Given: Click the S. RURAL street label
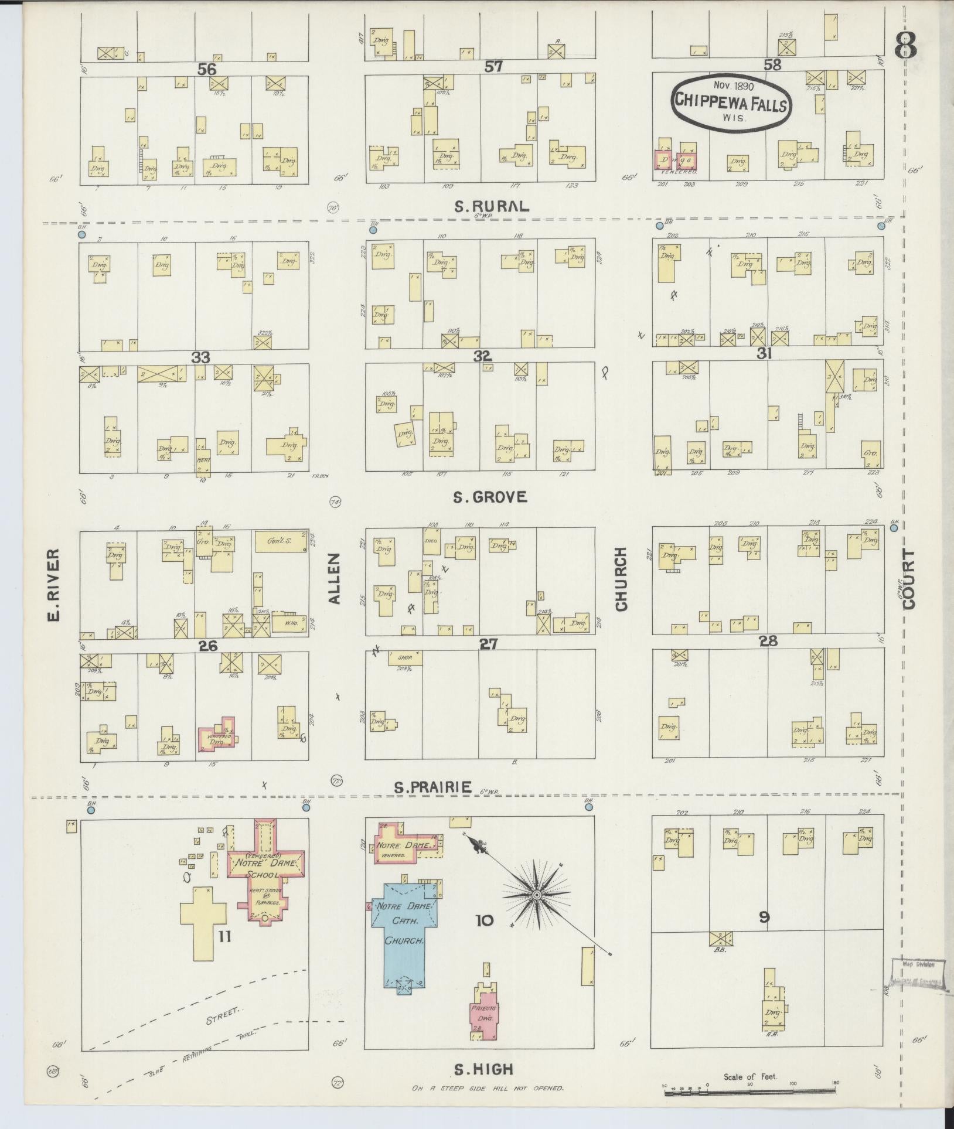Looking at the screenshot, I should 492,206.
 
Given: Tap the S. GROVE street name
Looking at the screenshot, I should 490,497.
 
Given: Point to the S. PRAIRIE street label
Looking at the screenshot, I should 432,787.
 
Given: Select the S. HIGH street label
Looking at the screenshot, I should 483,1070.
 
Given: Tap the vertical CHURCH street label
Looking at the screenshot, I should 622,579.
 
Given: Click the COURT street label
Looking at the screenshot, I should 909,579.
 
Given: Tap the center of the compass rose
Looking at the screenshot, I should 536,912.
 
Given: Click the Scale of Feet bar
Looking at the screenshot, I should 750,1091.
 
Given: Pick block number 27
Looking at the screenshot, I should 488,644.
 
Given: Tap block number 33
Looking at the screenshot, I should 201,357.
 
